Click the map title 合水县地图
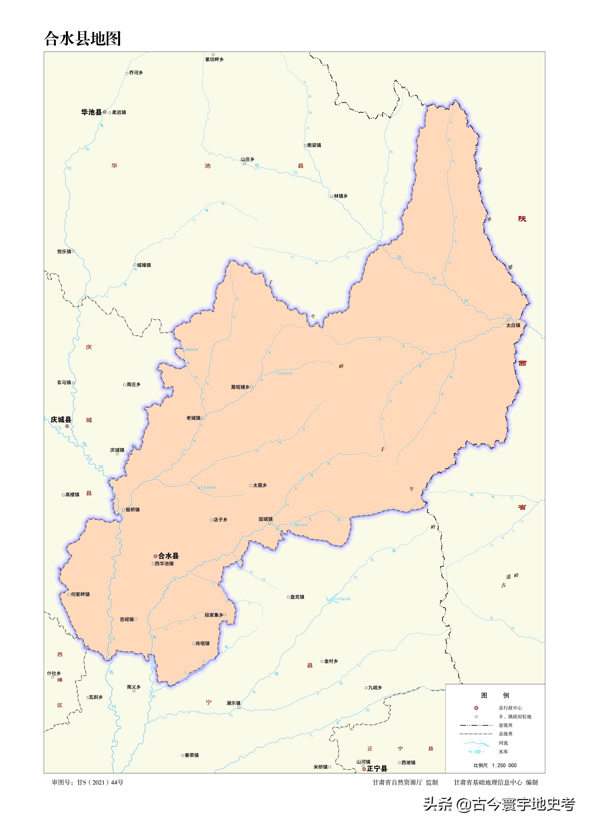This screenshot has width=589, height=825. [82, 39]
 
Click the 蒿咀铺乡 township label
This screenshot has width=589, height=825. [240, 387]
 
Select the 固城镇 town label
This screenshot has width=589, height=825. [266, 519]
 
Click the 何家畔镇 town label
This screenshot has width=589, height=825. [80, 594]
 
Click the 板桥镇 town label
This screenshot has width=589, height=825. [132, 510]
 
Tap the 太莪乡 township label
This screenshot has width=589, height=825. [260, 485]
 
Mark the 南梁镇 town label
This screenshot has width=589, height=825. [314, 145]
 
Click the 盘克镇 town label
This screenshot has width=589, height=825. [297, 597]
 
